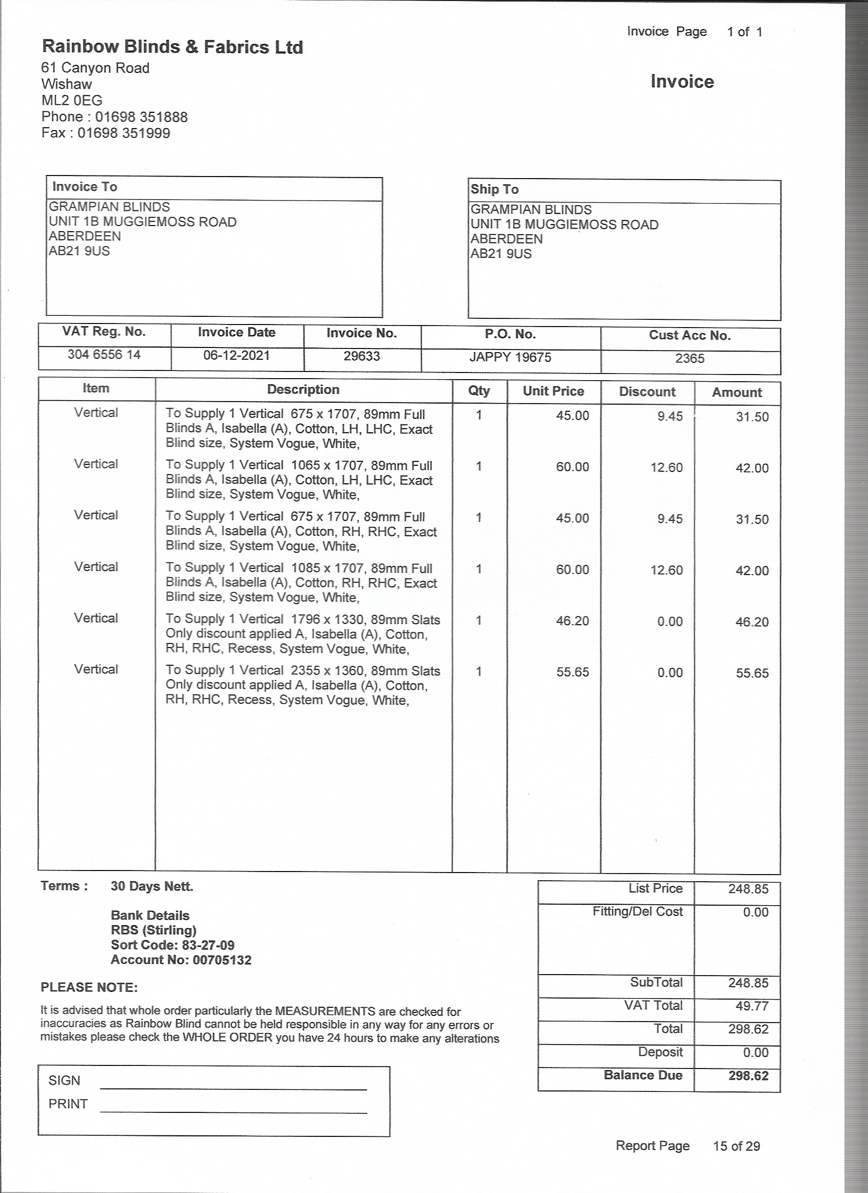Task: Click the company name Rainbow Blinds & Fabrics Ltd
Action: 172,47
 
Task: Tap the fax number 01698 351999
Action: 124,133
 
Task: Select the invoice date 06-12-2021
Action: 236,356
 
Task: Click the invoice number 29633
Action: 361,356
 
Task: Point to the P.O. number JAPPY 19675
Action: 510,357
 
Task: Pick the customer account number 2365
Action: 690,358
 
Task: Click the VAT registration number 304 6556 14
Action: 104,355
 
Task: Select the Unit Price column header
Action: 553,391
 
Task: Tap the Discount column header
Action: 647,391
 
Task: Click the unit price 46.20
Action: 573,620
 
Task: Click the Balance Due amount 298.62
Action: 748,1075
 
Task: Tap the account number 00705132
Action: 222,960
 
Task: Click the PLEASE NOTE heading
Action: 89,987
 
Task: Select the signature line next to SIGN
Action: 233,1089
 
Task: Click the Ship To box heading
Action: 494,189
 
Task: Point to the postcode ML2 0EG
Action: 71,101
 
